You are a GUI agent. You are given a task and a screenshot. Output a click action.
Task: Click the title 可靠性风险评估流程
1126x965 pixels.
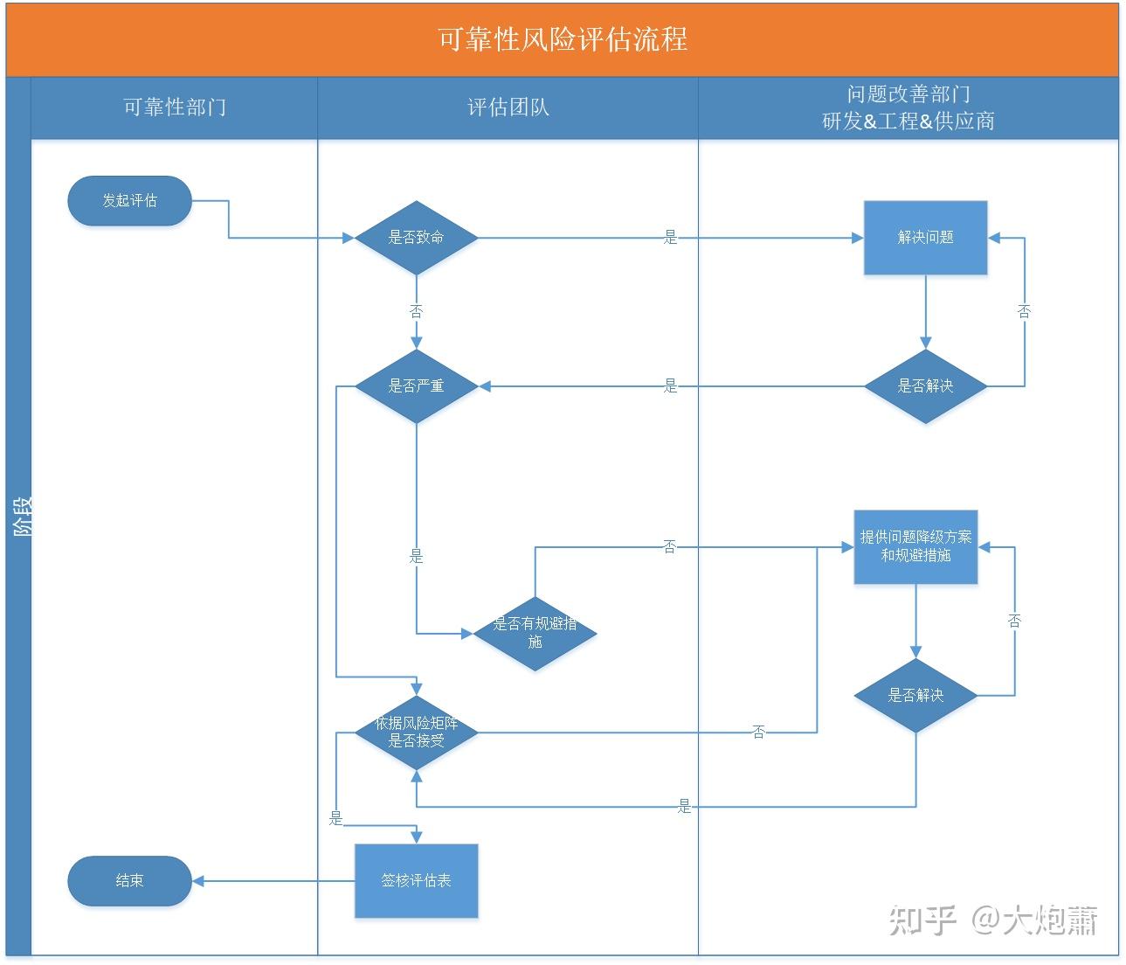pyautogui.click(x=562, y=40)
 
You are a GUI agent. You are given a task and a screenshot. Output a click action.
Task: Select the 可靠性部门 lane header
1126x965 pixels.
pyautogui.click(x=174, y=108)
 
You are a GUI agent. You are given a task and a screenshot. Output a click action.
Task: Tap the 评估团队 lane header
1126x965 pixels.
pyautogui.click(x=508, y=108)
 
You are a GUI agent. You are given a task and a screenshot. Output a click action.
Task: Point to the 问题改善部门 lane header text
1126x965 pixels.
pyautogui.click(x=908, y=94)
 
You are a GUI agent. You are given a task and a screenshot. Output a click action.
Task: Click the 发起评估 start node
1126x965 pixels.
pyautogui.click(x=129, y=200)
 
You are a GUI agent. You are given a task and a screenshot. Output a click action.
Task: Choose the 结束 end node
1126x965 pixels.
pyautogui.click(x=129, y=880)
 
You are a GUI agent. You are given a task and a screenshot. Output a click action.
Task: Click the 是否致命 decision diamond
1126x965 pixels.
pyautogui.click(x=416, y=237)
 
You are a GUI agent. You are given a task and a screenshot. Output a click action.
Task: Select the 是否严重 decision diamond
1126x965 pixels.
pyautogui.click(x=416, y=385)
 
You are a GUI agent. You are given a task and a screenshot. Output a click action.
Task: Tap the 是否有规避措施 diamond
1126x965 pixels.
pyautogui.click(x=535, y=633)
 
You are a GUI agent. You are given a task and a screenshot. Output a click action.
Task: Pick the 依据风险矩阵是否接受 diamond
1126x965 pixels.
pyautogui.click(x=416, y=732)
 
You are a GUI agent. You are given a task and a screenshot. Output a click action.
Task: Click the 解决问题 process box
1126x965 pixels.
pyautogui.click(x=925, y=237)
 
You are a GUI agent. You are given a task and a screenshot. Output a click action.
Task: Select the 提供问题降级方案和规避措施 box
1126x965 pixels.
pyautogui.click(x=915, y=546)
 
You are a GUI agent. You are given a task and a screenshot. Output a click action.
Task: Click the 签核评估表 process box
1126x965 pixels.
pyautogui.click(x=416, y=880)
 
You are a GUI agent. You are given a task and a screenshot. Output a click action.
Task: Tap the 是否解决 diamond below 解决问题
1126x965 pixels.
pyautogui.click(x=925, y=385)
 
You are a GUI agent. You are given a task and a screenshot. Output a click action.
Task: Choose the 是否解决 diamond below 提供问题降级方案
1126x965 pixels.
pyautogui.click(x=915, y=695)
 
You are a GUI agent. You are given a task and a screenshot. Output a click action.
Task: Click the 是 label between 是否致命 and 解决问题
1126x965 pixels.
pyautogui.click(x=670, y=237)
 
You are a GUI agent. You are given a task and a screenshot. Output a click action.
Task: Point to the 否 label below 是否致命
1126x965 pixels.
pyautogui.click(x=416, y=311)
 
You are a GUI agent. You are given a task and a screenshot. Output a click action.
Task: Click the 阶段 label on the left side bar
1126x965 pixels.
pyautogui.click(x=19, y=516)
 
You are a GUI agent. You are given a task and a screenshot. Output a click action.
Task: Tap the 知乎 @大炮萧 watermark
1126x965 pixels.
pyautogui.click(x=992, y=920)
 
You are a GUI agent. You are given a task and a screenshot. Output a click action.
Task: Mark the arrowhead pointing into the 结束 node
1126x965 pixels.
pyautogui.click(x=197, y=880)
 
